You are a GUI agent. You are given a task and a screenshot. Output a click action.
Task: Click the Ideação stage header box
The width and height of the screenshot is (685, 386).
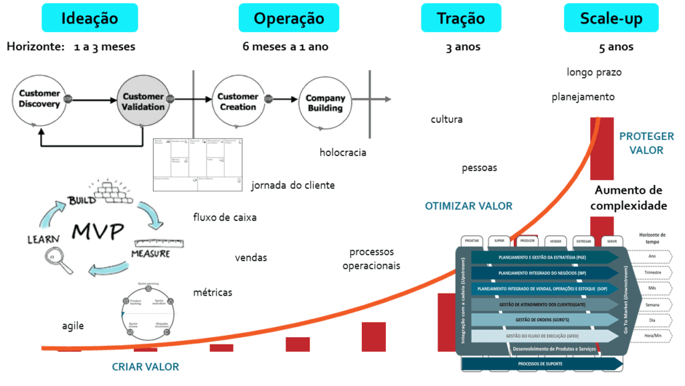tap(90, 18)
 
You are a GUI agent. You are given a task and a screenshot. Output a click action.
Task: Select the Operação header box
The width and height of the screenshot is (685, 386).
tap(288, 18)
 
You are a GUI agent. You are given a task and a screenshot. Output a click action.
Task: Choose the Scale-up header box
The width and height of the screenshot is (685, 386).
tap(612, 18)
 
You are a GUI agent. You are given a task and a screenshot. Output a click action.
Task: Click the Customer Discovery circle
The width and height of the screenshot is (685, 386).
tap(39, 99)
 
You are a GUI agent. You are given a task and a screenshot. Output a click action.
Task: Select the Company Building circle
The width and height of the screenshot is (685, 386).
tap(325, 103)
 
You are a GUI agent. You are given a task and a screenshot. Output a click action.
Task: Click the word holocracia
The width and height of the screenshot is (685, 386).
tap(342, 152)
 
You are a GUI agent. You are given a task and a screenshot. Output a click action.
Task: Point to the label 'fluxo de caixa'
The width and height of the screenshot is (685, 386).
tap(224, 217)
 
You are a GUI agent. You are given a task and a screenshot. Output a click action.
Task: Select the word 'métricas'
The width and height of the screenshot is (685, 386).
tap(213, 292)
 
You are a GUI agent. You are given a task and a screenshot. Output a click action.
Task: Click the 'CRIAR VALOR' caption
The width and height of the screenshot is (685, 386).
tap(145, 367)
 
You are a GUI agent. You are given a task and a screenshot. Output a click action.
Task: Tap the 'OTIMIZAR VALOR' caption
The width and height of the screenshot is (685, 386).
tap(468, 206)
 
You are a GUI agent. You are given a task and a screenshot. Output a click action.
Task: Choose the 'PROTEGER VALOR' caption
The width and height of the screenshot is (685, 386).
tap(646, 143)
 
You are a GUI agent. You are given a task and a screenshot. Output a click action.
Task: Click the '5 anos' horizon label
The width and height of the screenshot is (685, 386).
tap(616, 47)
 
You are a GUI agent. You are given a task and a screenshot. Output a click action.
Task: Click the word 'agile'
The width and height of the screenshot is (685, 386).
tap(73, 326)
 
